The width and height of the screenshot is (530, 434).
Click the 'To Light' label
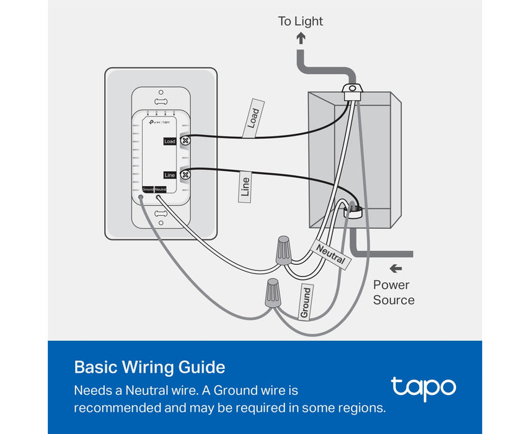[301, 21]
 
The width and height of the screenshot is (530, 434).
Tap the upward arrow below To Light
[301, 38]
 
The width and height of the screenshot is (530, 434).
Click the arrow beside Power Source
[395, 268]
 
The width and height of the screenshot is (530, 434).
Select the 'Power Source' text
[394, 293]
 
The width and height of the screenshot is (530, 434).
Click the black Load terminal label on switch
[169, 141]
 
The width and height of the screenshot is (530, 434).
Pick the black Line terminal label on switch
[169, 175]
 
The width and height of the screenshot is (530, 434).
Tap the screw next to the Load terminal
[184, 141]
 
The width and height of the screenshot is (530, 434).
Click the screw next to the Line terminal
[185, 175]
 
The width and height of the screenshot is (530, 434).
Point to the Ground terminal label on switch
[148, 189]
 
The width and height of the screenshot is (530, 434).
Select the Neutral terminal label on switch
[160, 189]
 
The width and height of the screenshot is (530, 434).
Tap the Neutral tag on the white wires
[330, 254]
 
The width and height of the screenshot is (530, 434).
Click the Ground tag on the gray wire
[305, 303]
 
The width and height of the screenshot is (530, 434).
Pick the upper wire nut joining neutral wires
[284, 249]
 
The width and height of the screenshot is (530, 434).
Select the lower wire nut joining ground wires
[272, 292]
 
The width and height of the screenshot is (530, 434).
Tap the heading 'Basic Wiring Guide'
[149, 367]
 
